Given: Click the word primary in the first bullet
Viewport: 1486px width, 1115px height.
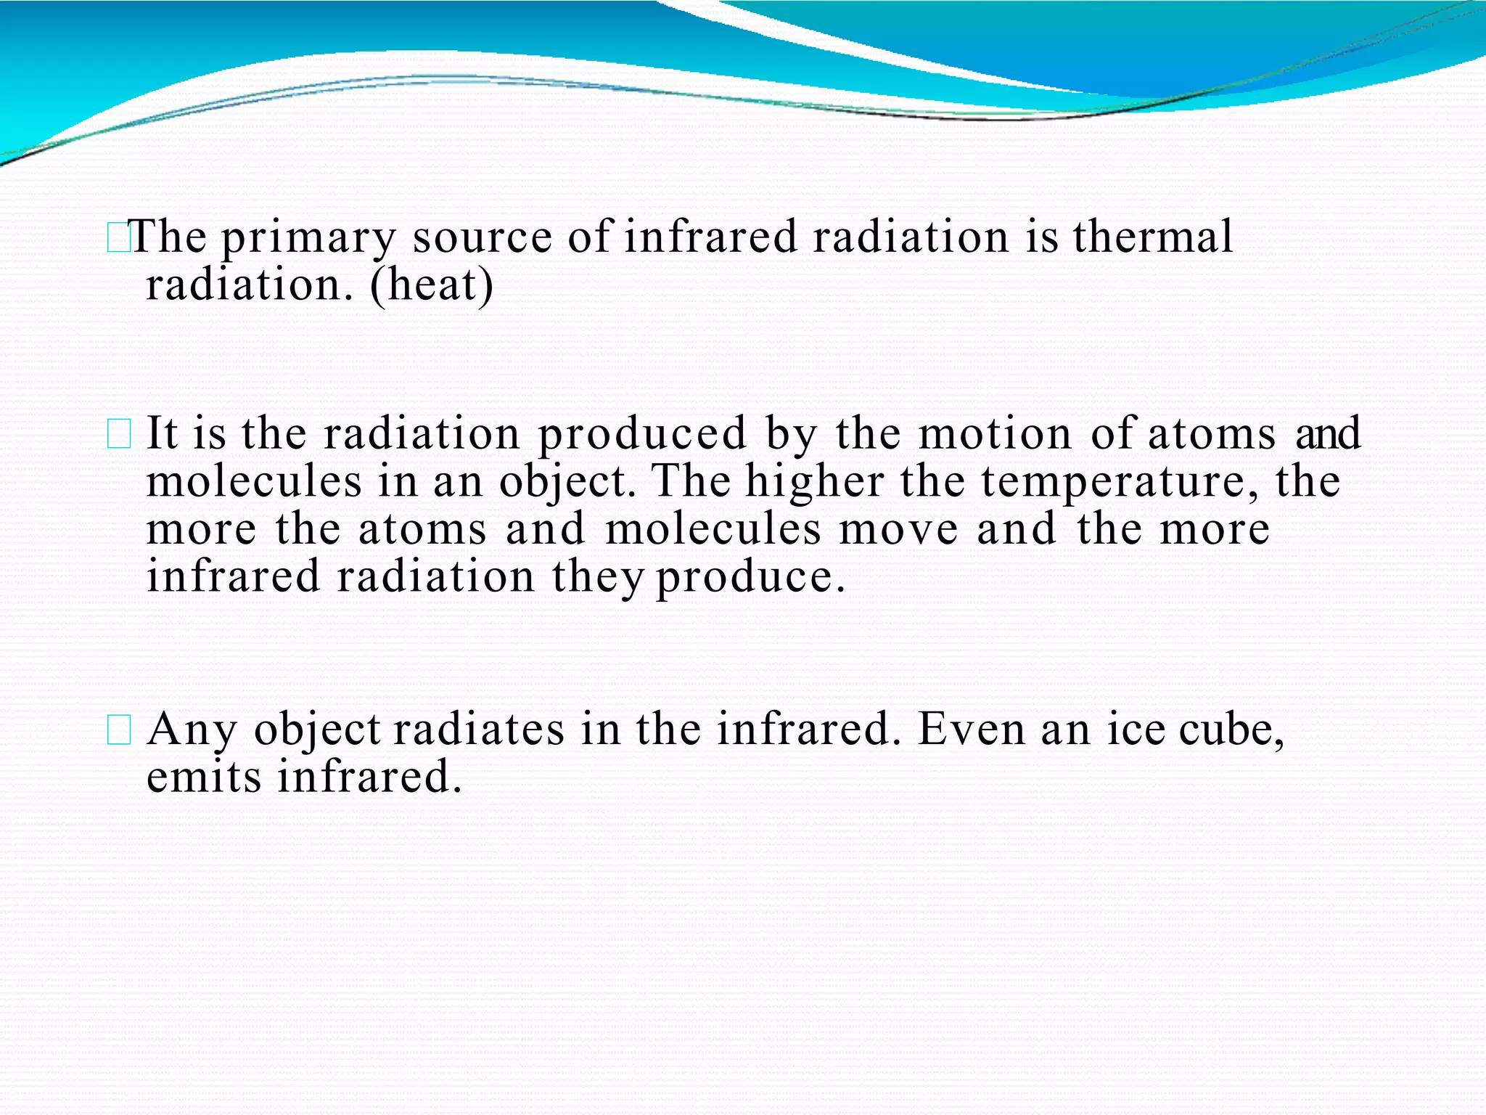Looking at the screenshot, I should point(308,238).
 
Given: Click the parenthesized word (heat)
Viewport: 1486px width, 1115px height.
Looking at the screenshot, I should point(432,285).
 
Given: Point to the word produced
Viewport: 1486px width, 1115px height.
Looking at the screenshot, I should point(642,434).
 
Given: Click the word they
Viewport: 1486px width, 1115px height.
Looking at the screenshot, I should point(597,578).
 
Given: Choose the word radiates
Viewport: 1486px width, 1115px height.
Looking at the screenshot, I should point(478,729).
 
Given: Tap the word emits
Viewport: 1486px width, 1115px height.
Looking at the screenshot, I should point(203,777).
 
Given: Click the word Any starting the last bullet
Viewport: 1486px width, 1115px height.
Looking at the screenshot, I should point(192,730).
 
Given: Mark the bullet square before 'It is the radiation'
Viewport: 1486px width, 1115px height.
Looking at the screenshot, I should point(118,435).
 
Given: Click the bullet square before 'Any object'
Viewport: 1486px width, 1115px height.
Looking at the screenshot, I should point(118,730).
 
